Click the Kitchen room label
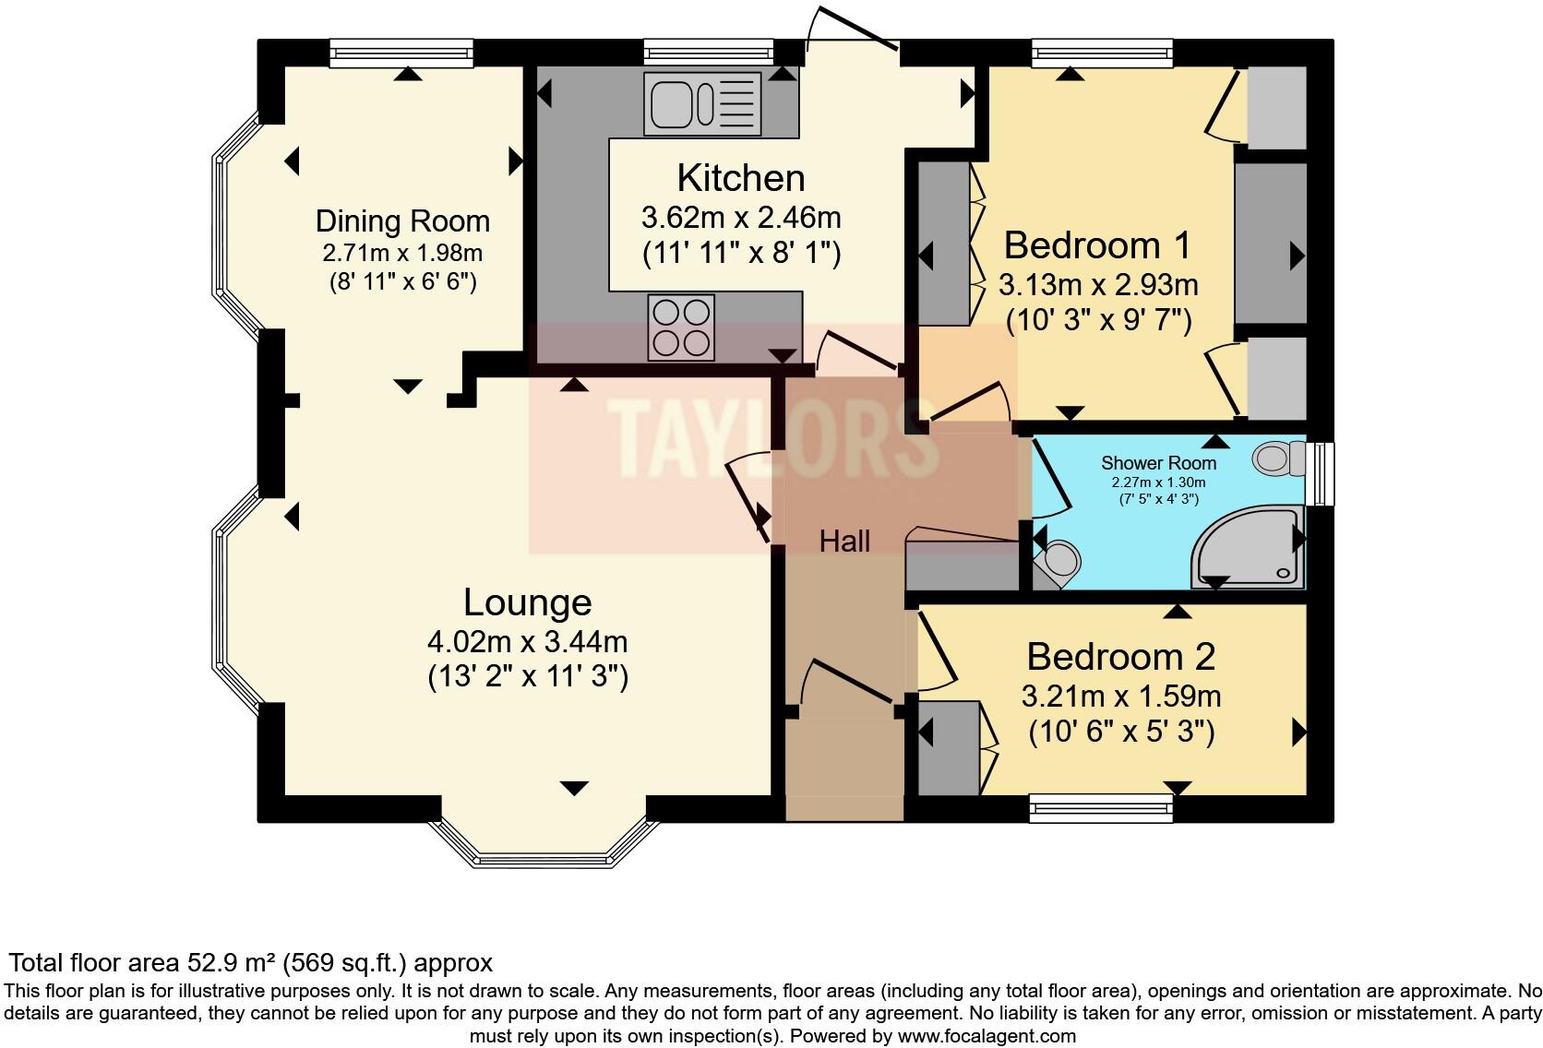tap(741, 178)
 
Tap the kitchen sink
tap(702, 104)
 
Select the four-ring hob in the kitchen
tap(680, 327)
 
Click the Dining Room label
tap(403, 221)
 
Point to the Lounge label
tap(528, 602)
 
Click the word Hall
tap(844, 542)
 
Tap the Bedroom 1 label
tap(1097, 245)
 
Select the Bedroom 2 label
tap(1120, 657)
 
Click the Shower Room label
tap(1158, 463)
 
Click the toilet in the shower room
tap(1278, 458)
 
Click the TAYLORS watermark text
tap(773, 438)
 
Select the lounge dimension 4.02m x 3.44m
tap(528, 642)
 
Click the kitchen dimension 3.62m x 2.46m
tap(741, 218)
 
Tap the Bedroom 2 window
tap(1101, 808)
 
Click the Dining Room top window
tap(401, 53)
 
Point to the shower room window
tap(1320, 474)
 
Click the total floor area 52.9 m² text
tap(251, 962)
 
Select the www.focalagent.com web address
tap(987, 1036)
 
